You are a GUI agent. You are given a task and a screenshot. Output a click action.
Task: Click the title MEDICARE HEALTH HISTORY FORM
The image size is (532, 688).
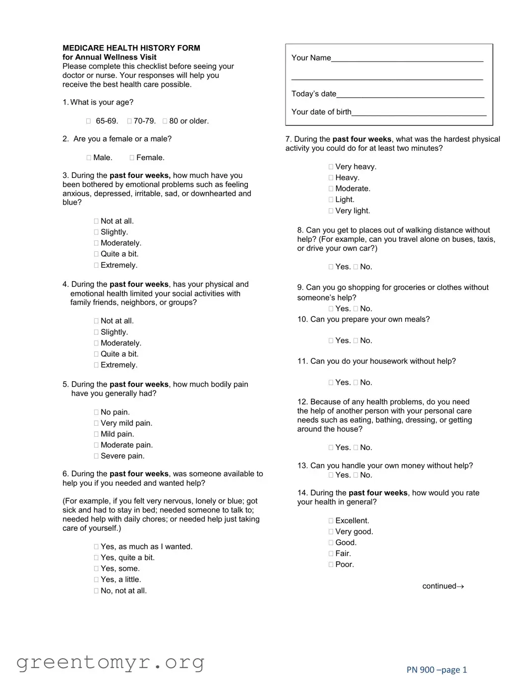pos(131,48)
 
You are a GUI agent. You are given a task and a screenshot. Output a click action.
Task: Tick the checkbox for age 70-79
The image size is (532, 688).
pos(129,121)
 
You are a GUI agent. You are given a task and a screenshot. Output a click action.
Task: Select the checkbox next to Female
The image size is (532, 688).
pos(132,158)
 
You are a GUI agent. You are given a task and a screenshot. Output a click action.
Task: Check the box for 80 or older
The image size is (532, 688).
pos(165,121)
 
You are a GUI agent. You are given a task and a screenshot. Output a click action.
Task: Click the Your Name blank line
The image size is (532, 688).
pos(407,58)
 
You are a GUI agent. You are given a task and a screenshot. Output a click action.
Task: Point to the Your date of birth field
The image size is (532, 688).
pos(419,112)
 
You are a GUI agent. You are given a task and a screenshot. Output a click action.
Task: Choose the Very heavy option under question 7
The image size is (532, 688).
pos(331,167)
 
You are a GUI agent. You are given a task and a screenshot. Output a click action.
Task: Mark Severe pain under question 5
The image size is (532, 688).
pos(96,456)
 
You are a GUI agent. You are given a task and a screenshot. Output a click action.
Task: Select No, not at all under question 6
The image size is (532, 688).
pos(96,591)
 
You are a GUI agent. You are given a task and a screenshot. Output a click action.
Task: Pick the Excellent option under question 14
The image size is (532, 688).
pos(331,521)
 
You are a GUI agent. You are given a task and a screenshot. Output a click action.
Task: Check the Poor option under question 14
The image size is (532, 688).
pos(331,565)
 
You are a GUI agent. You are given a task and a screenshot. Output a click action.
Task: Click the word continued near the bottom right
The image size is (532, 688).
pos(439,586)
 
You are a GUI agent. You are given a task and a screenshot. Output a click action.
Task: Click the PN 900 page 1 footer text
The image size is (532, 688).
pos(436,670)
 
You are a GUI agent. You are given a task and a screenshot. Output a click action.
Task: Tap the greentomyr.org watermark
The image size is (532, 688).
pos(110,662)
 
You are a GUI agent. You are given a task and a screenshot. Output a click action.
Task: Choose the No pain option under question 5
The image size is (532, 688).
pos(96,412)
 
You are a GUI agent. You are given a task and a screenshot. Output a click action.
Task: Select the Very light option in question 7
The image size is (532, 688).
pos(331,211)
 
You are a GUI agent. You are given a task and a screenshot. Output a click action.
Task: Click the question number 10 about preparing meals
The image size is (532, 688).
pos(302,319)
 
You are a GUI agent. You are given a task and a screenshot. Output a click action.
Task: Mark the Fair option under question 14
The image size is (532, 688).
pos(331,554)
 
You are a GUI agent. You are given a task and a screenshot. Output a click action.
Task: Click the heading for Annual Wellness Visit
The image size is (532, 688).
pos(110,57)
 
